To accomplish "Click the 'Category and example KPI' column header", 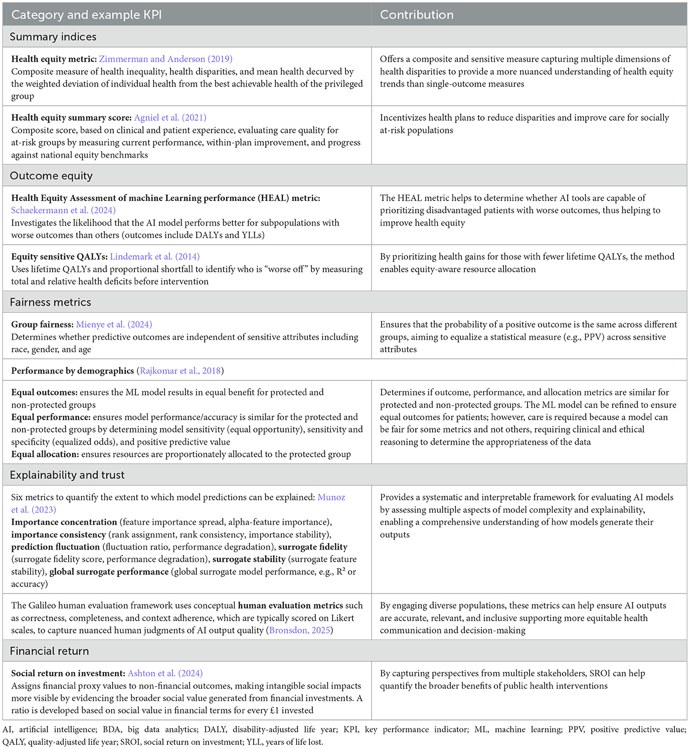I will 86,15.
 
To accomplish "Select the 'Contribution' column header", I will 417,15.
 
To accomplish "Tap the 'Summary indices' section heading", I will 53,37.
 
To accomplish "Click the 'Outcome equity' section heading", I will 51,176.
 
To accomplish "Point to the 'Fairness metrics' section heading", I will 51,302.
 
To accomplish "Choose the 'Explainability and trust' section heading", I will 67,475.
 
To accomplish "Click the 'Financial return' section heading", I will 49,651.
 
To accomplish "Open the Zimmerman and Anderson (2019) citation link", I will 165,59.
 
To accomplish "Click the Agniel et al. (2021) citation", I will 170,118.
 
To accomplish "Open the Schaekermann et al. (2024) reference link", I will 63,211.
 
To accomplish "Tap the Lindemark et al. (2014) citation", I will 154,257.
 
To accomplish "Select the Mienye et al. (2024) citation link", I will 114,325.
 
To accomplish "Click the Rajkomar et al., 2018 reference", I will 180,371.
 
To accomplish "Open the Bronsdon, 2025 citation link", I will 300,630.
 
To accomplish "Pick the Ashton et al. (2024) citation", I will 165,673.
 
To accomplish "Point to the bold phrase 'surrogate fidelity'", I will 313,547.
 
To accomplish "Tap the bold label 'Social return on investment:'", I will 68,673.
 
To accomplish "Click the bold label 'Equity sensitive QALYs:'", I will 59,257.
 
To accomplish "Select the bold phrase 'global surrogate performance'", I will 109,572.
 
